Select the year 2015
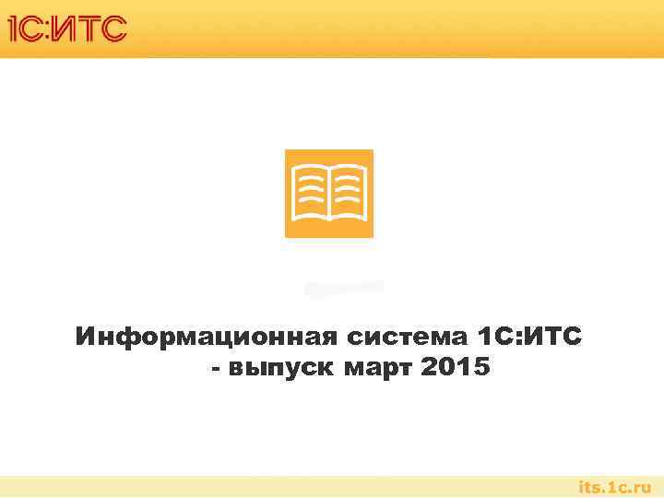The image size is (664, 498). coord(454,369)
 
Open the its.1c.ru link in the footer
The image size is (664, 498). coord(613,486)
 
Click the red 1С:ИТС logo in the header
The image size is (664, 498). coord(66,30)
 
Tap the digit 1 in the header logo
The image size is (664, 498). coord(13,30)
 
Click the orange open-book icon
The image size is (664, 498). coord(329,194)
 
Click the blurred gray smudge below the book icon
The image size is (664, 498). coord(343,288)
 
